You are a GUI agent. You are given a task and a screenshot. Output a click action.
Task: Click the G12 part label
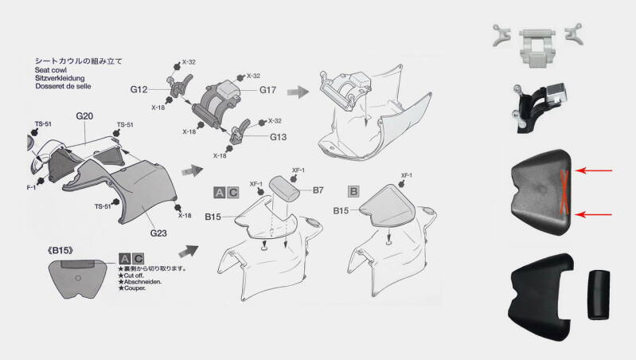(x=140, y=89)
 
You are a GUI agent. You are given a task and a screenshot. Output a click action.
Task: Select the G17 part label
(x=268, y=89)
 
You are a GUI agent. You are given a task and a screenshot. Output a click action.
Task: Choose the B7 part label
(x=318, y=190)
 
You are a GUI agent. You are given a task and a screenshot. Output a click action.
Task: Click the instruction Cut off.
(x=137, y=276)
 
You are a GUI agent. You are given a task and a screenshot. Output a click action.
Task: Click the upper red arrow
(x=598, y=170)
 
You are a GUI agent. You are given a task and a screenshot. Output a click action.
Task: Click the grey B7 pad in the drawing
(x=284, y=188)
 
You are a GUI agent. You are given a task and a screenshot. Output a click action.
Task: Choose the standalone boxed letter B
(x=353, y=192)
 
